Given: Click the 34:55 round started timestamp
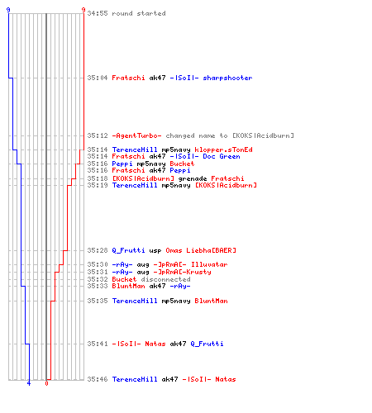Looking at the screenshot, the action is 98,13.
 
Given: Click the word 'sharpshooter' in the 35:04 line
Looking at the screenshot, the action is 227,78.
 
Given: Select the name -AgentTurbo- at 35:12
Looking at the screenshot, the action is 136,135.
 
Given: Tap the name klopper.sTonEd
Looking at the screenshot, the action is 223,150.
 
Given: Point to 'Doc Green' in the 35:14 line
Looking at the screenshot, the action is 222,156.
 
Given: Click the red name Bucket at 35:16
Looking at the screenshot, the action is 182,164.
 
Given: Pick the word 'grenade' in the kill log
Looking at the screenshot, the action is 193,178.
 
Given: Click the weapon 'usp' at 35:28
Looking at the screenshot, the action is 155,250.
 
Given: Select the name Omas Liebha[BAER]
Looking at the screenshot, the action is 201,250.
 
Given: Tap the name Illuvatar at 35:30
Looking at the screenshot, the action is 209,264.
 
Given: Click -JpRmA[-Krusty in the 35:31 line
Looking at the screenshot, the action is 182,272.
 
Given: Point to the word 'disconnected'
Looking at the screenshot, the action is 165,279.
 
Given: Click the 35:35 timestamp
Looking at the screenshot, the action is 98,301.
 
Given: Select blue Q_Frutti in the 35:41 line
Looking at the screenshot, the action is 207,344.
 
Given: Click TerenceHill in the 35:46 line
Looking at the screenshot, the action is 135,379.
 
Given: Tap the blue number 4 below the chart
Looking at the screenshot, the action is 29,383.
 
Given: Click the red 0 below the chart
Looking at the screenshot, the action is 46,383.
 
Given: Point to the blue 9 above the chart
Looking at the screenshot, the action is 8,10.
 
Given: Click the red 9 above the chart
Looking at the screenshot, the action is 83,10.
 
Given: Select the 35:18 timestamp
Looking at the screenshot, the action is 98,178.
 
